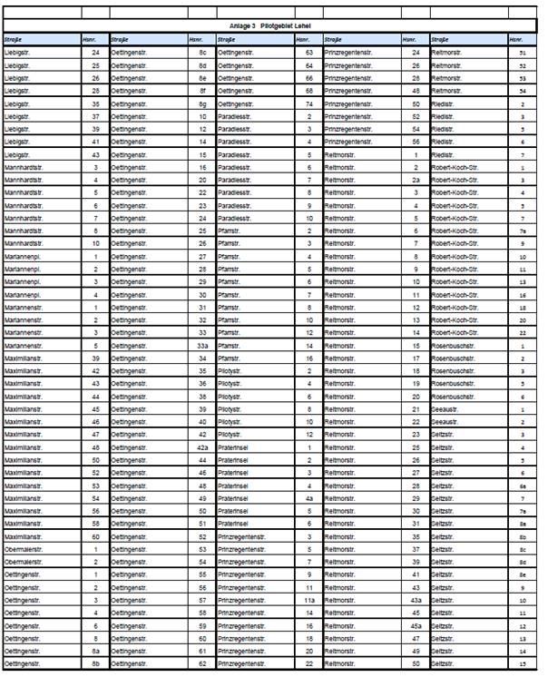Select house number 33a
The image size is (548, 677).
[203, 346]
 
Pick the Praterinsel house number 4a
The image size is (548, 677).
[309, 498]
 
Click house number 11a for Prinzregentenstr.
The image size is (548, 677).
[309, 601]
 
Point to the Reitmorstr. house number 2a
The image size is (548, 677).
[416, 181]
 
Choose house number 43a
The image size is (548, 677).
[416, 601]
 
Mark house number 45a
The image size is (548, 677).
[416, 626]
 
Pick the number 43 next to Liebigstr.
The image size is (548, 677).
[96, 155]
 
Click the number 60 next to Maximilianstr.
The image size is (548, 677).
[96, 536]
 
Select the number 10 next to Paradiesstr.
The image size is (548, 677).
[309, 219]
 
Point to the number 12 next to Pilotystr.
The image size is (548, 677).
[309, 435]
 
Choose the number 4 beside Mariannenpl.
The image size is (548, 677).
[96, 295]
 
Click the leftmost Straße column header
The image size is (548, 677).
[15, 40]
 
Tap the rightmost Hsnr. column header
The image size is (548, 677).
[515, 40]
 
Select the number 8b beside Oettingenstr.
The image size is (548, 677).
[96, 664]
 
